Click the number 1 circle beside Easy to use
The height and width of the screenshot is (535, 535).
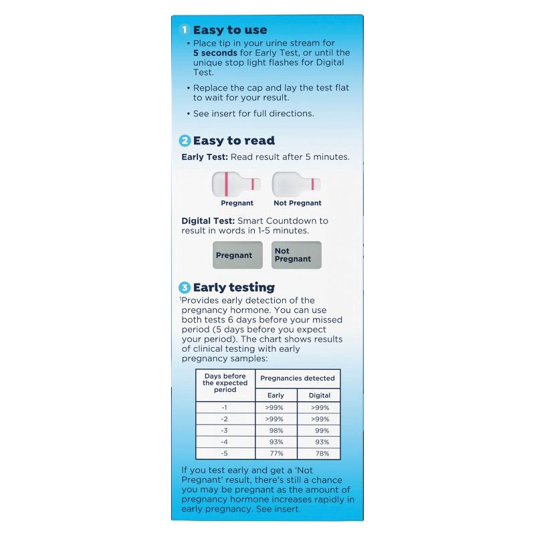(185, 30)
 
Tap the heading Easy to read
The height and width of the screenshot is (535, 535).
(233, 140)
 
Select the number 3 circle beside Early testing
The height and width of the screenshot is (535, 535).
(185, 288)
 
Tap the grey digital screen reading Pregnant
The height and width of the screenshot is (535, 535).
(237, 255)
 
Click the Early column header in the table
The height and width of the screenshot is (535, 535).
(276, 395)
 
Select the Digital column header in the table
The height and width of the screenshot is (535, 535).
(319, 395)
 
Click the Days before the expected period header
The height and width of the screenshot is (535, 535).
(225, 383)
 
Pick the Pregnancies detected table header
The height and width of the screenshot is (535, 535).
(298, 379)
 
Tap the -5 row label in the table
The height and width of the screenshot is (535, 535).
(225, 453)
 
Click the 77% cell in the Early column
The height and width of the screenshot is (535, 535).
(276, 453)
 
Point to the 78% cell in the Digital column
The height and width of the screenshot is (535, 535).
(319, 453)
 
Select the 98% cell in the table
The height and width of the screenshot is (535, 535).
(276, 430)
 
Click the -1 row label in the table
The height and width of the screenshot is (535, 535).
(225, 407)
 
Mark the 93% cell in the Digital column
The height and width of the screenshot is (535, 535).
(319, 442)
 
